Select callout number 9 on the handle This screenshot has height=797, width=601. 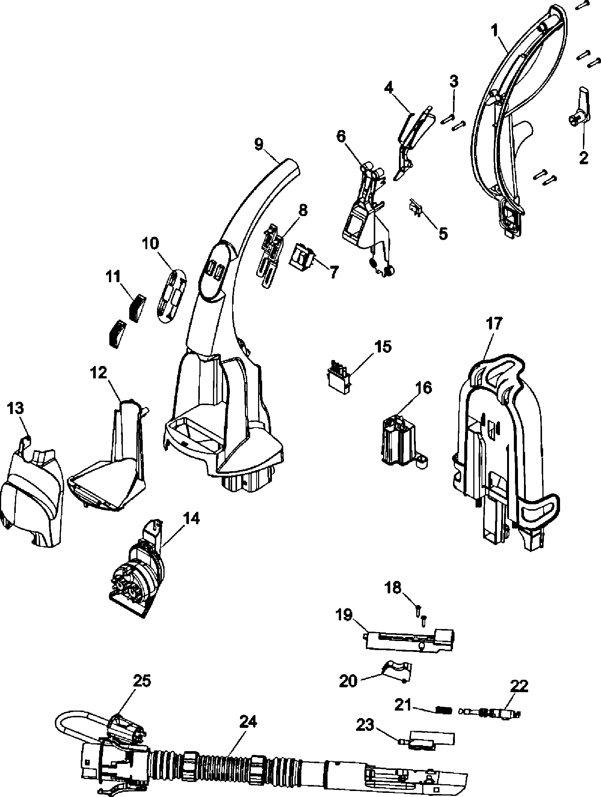(x=260, y=145)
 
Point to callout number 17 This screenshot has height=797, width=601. (x=494, y=323)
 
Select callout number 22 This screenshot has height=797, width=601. (x=519, y=686)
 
